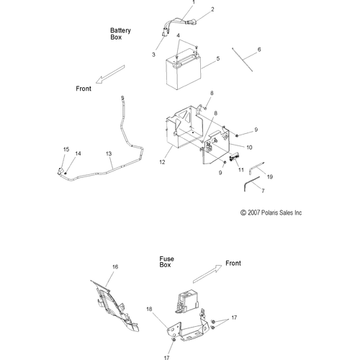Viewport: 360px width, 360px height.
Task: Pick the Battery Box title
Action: coord(120,33)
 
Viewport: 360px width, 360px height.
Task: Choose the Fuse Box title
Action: coord(167,261)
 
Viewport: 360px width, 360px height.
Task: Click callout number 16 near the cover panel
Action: coord(114,266)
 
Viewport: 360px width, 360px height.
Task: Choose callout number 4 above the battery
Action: coord(179,35)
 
